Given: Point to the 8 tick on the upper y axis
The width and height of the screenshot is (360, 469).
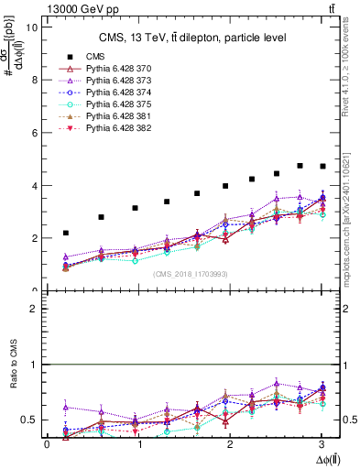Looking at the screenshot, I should pyautogui.click(x=34, y=80).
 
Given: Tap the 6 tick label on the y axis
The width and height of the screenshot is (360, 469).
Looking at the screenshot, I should pyautogui.click(x=34, y=133).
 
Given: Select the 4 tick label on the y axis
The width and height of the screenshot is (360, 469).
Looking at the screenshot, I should pyautogui.click(x=34, y=186).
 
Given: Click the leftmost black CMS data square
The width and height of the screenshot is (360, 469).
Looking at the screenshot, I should pyautogui.click(x=65, y=234).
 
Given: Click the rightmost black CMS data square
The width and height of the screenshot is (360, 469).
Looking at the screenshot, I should pyautogui.click(x=322, y=166).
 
